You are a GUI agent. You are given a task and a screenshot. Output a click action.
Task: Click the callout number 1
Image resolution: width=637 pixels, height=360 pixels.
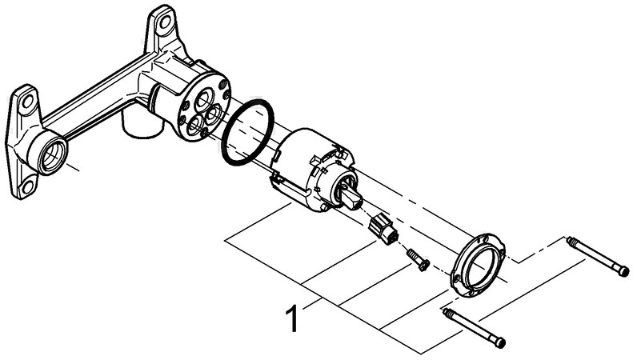[292, 319]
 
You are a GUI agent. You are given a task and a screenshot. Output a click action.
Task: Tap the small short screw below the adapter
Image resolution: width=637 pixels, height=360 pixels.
[418, 260]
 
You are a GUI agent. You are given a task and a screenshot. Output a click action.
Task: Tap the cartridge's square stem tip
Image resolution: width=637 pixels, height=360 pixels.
[352, 201]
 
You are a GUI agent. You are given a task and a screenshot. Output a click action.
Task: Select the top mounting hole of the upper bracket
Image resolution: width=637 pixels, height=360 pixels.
[165, 22]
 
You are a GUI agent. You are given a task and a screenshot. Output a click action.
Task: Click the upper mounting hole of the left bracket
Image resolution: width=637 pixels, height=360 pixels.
[27, 101]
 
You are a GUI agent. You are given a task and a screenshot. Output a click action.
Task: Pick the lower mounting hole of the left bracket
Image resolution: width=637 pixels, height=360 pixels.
[28, 187]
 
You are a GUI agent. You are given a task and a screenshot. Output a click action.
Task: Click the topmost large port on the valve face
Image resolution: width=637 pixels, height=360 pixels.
[203, 100]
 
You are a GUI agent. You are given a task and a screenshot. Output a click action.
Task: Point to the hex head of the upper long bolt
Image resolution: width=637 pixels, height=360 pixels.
[623, 271]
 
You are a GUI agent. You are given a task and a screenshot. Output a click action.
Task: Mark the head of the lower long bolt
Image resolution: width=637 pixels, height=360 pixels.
[499, 342]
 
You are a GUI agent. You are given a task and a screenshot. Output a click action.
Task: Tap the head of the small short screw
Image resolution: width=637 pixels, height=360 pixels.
[424, 266]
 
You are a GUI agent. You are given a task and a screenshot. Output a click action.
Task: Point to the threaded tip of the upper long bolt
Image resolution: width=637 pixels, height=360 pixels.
[570, 242]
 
